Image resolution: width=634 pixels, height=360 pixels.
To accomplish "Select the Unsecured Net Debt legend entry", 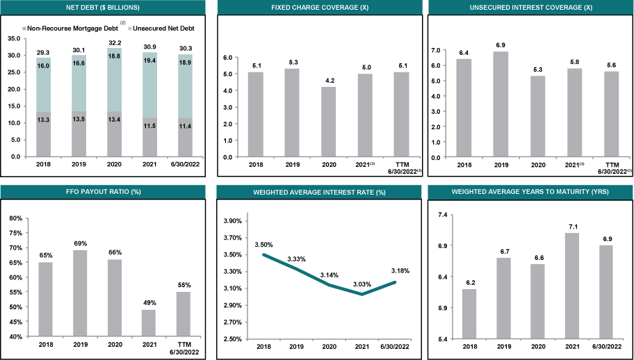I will click(x=159, y=28).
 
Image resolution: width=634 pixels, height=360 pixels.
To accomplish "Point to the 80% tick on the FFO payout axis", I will click(x=15, y=218).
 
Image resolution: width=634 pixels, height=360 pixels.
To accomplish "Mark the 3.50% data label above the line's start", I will click(x=264, y=245).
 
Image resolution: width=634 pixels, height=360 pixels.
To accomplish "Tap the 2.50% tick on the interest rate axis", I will click(x=231, y=339).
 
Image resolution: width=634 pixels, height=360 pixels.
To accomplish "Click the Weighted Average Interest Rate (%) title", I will click(x=319, y=191).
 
